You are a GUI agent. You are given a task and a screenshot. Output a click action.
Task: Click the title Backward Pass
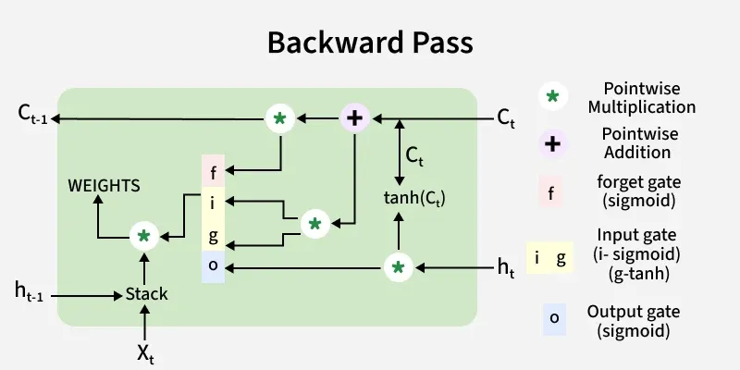[370, 42]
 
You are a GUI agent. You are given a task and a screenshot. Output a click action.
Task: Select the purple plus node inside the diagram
[353, 117]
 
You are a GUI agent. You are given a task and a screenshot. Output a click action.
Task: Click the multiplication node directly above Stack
[143, 237]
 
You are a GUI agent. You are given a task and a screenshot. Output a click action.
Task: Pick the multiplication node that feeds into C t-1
[279, 118]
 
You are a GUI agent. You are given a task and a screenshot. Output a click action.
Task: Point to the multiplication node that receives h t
[398, 267]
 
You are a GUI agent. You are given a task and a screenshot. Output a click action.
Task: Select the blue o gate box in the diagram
[214, 267]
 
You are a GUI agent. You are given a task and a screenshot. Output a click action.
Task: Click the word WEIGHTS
[104, 186]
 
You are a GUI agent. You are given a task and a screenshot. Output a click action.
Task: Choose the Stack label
[147, 294]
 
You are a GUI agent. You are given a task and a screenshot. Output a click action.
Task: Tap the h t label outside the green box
[506, 268]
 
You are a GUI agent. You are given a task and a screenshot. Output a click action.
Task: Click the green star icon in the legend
[552, 96]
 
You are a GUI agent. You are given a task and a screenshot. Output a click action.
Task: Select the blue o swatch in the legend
[554, 318]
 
